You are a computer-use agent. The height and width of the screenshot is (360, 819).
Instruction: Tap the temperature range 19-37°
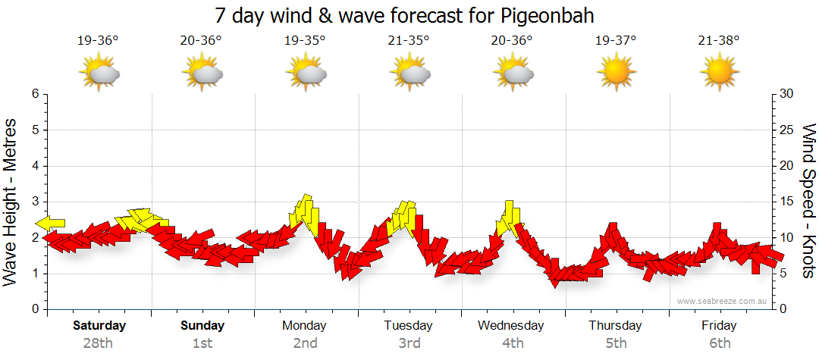click(x=616, y=40)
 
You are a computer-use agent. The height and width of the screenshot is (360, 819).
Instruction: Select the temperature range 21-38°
click(x=719, y=40)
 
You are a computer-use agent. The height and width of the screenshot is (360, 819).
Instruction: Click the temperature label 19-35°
click(x=305, y=40)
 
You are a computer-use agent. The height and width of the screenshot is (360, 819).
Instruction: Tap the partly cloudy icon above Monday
click(x=306, y=74)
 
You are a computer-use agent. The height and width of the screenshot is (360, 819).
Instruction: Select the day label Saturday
click(x=99, y=326)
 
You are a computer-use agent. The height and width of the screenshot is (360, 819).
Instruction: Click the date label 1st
click(x=202, y=343)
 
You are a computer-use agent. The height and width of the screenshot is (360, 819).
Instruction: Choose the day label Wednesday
click(x=512, y=326)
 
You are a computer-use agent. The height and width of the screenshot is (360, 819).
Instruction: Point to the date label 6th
click(x=719, y=343)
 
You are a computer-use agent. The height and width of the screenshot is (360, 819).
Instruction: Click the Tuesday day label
click(x=409, y=326)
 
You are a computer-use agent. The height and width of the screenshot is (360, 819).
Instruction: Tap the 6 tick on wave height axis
click(x=35, y=94)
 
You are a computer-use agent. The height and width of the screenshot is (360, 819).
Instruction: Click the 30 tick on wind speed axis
click(x=786, y=94)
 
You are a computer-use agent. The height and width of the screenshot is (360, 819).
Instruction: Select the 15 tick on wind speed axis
click(x=786, y=202)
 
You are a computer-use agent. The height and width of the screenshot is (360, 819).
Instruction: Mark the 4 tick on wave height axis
click(x=35, y=166)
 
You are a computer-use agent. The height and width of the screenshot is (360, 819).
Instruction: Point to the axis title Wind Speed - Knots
click(x=808, y=202)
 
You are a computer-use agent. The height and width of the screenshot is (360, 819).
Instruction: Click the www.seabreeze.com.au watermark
click(x=723, y=301)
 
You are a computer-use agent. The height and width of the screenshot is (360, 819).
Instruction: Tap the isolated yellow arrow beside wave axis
click(x=50, y=223)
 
